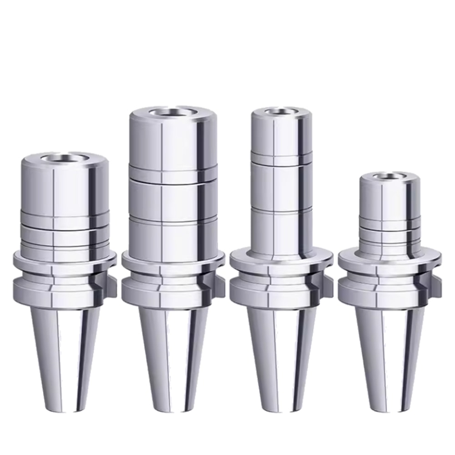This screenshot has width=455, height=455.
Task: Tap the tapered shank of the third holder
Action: (279, 346)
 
